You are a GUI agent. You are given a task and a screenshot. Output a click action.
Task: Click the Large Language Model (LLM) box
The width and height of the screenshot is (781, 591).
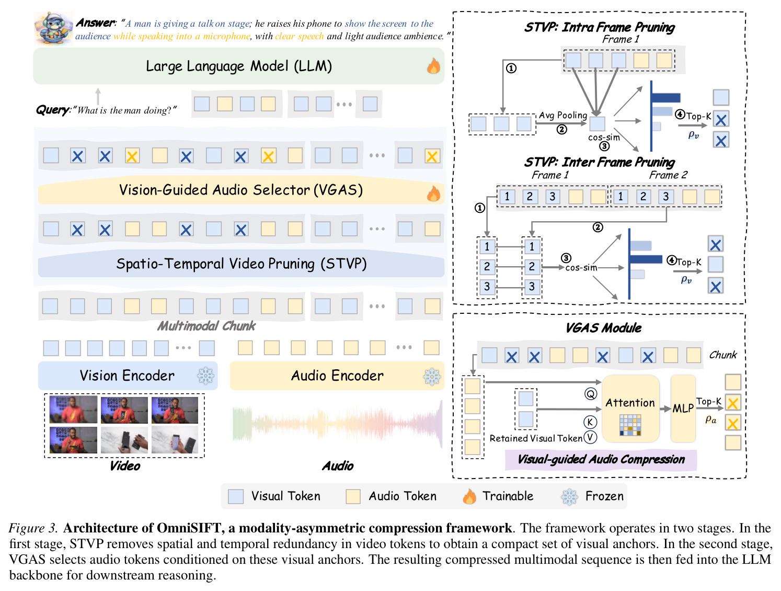tap(238, 66)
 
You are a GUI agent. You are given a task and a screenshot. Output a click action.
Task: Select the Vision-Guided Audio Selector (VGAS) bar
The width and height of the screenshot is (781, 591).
tap(241, 190)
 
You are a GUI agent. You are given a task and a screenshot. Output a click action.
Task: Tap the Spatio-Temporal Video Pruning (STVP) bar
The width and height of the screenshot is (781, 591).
tap(241, 264)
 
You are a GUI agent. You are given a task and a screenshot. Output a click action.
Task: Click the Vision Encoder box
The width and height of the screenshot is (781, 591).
tap(128, 376)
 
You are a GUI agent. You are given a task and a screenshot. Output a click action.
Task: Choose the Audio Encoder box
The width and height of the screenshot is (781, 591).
tap(337, 376)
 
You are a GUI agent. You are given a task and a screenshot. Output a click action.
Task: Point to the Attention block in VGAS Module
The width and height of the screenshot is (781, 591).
tap(630, 408)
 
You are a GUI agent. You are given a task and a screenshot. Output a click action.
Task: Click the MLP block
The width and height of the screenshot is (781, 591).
tap(683, 408)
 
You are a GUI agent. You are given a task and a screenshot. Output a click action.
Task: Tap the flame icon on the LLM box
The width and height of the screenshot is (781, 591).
tap(433, 66)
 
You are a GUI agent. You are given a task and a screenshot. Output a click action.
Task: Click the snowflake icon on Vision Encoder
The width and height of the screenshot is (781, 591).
tap(206, 376)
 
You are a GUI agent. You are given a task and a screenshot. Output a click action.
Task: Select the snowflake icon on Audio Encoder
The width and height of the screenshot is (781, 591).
tap(432, 377)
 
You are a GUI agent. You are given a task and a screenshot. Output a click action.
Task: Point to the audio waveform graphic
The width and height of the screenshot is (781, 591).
tap(337, 424)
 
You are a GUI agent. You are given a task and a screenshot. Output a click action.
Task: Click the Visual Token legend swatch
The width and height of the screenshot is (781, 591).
tap(236, 496)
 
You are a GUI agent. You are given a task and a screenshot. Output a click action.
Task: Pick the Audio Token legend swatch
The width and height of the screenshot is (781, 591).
tap(353, 496)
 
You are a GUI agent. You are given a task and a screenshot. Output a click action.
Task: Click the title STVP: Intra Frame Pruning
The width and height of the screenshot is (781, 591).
tap(599, 27)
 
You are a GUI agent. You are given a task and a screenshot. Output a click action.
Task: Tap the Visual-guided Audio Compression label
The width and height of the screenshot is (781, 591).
tap(601, 459)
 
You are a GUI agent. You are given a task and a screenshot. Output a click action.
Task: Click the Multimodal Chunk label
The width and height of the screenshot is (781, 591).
tap(206, 326)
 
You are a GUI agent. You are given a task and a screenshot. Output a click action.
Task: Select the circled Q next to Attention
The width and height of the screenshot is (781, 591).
tap(591, 393)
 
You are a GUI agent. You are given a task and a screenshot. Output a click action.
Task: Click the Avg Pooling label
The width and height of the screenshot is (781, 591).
tap(563, 115)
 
